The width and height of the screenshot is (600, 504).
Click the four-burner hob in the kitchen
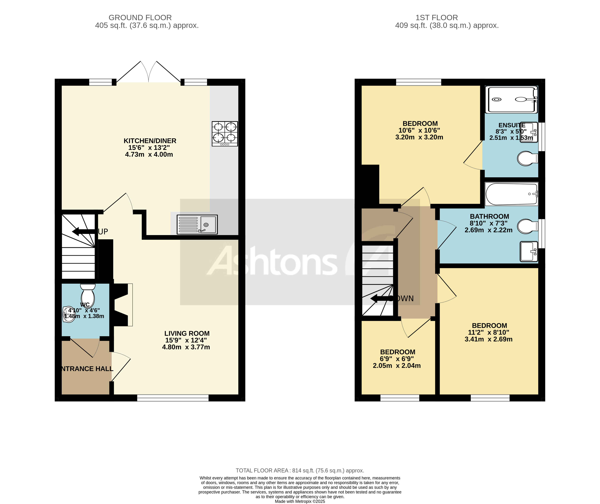click(225, 134)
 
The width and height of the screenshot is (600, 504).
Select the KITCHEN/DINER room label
click(150, 141)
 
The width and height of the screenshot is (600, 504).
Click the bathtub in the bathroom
click(511, 194)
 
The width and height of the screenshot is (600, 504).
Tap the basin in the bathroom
click(528, 251)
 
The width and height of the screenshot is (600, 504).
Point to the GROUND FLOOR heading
click(140, 18)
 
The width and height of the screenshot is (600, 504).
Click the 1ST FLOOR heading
click(436, 18)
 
